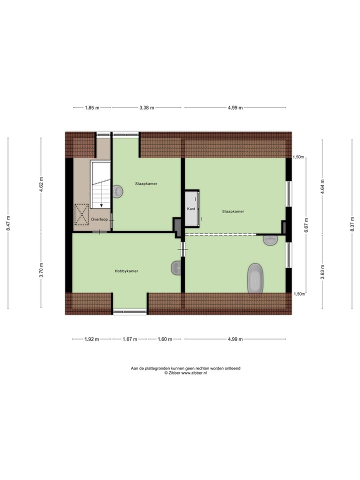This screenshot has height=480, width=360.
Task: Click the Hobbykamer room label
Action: [x=126, y=271]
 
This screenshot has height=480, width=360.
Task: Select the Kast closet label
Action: [x=191, y=209]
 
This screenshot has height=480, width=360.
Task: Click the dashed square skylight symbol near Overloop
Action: [x=81, y=214]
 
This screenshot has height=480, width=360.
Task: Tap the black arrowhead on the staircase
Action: [x=101, y=204]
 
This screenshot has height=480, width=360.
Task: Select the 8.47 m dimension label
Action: [x=9, y=222]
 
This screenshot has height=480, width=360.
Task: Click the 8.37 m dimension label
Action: [x=352, y=222]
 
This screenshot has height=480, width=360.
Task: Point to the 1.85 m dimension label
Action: [x=92, y=107]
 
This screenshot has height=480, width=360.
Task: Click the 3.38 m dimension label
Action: [x=146, y=107]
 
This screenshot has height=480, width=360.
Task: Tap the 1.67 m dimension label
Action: [x=129, y=339]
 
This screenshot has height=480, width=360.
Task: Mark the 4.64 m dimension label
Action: [x=322, y=185]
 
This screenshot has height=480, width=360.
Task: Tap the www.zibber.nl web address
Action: [x=194, y=373]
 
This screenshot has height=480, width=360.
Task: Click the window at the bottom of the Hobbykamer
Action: [x=129, y=312]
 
